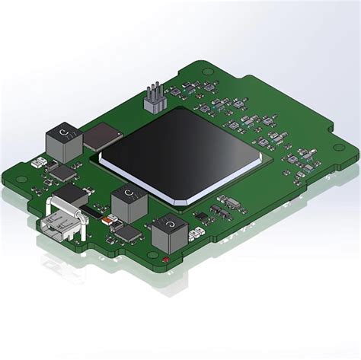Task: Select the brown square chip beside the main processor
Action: click(x=101, y=137)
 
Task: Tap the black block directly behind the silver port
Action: click(x=71, y=193)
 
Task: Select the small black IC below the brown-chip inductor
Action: click(x=60, y=173)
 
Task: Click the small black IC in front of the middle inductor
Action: click(x=129, y=232)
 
